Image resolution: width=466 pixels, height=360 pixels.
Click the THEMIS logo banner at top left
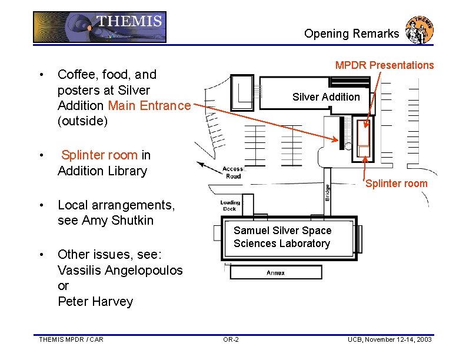pos(99,27)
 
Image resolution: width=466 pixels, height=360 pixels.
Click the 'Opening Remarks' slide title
pos(351,34)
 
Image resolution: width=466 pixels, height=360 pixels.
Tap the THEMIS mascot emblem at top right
pos(420,29)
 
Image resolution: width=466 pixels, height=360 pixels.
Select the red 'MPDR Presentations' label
pos(384,65)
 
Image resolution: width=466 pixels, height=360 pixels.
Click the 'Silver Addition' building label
pos(326,97)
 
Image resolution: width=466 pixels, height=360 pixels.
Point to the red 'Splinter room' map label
pos(397,184)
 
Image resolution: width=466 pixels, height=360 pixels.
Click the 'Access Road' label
pos(233,172)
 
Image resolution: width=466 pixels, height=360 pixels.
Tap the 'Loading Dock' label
pos(229,205)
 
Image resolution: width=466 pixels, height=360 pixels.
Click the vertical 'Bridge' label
pos(328,192)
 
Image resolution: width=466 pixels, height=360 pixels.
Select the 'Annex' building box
pos(276,272)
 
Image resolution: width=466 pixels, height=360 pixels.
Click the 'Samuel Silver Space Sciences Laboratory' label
pos(282,237)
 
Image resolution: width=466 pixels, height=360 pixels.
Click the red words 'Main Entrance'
pos(149,106)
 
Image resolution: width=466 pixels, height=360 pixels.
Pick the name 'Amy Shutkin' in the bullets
pos(118,221)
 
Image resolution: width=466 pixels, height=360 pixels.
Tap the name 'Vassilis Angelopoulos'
pos(120,270)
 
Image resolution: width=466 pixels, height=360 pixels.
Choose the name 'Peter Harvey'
pos(95,301)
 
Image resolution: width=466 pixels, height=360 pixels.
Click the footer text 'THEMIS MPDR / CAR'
pos(71,339)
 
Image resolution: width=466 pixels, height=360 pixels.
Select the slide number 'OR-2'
pos(231,339)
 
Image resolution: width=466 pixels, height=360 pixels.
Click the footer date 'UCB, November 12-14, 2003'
pos(390,339)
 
